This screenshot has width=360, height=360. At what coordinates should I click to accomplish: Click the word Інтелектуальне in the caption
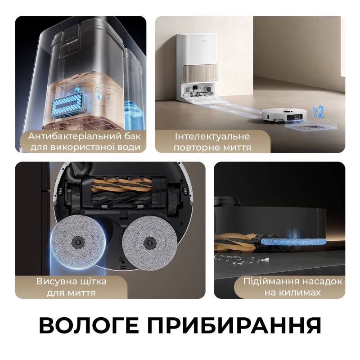click(212, 136)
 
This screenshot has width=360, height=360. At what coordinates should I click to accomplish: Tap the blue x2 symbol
click(318, 111)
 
